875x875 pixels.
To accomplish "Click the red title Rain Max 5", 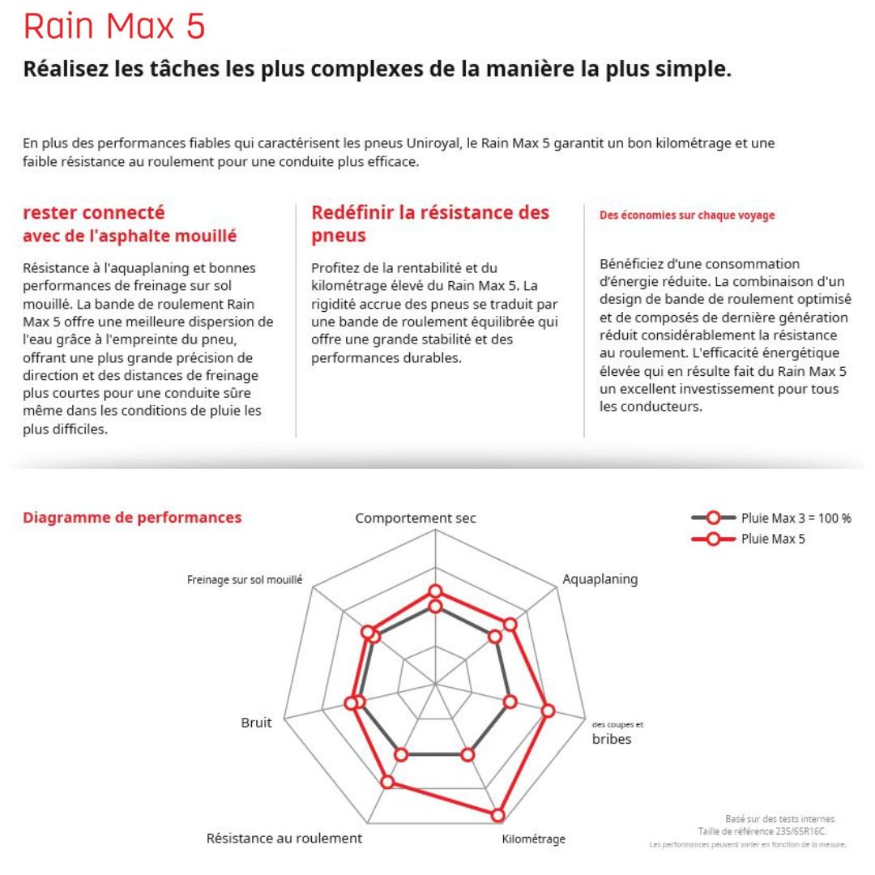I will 114,27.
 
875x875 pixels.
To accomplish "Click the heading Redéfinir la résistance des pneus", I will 430,224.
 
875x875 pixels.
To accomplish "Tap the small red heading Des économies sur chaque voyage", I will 687,216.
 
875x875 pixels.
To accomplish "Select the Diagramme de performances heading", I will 132,517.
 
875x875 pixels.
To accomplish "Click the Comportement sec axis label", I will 416,518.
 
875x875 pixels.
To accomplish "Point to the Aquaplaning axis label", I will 600,579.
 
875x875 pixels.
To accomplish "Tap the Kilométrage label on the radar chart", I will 533,839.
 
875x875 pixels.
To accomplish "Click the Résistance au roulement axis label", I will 284,838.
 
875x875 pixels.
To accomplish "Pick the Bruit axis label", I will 257,723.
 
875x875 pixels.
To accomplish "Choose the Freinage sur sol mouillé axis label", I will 245,580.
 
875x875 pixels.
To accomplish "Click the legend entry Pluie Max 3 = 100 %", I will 796,518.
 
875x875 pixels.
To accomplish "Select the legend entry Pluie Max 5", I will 773,539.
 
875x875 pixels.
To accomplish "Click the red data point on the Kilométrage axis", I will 498,815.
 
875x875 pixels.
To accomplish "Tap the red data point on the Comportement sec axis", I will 436,591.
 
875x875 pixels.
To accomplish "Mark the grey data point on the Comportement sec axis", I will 436,606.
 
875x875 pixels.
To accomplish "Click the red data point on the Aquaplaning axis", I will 510,625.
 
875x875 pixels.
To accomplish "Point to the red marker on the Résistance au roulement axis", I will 387,782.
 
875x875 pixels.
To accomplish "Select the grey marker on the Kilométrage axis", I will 467,755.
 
